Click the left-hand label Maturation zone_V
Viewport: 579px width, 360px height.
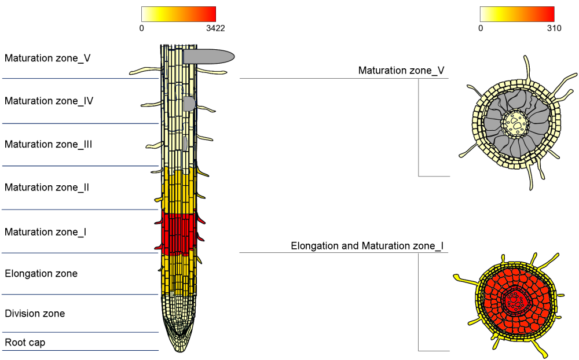tap(47, 58)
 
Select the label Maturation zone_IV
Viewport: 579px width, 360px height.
tap(49, 101)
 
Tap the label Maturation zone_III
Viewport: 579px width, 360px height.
tap(48, 144)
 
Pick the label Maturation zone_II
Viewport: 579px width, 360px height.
tap(46, 188)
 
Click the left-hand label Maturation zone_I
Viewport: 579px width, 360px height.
tap(45, 232)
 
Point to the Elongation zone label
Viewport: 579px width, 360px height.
tap(41, 273)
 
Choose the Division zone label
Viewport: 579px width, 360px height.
tap(35, 314)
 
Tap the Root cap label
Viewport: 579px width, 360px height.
tap(25, 343)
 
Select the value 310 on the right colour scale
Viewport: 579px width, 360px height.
tap(554, 28)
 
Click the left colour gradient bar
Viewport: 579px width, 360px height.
tap(178, 14)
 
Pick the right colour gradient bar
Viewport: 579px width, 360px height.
tap(517, 14)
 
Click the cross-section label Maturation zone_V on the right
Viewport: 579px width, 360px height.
tap(401, 71)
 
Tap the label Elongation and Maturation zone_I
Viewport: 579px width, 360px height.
tap(367, 246)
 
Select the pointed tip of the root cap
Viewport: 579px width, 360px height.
tap(179, 348)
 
